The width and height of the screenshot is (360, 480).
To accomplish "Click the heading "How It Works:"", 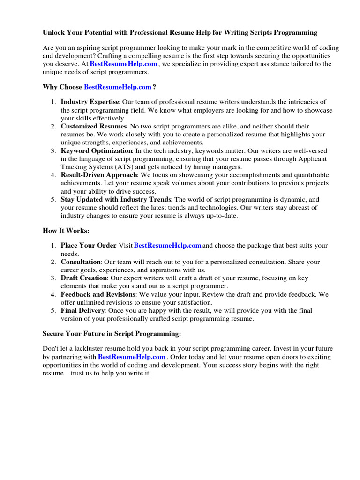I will [x=66, y=231].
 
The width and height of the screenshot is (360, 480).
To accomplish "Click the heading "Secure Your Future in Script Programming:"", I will [x=112, y=334].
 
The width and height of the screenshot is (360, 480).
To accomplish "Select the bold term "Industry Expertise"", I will [x=90, y=102].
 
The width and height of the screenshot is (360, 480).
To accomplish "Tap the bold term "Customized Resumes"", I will [x=93, y=127].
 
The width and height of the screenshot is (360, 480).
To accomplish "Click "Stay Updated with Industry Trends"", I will [x=116, y=199].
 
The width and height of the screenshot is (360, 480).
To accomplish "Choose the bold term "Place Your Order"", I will [x=88, y=246].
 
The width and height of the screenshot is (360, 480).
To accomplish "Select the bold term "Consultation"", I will [x=81, y=262].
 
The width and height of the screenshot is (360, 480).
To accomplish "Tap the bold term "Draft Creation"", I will [x=84, y=278].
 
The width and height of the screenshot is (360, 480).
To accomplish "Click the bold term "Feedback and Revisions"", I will [x=98, y=294].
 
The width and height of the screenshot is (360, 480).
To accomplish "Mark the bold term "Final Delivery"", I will [x=82, y=310].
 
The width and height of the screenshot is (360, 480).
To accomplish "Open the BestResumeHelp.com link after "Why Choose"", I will [x=118, y=87].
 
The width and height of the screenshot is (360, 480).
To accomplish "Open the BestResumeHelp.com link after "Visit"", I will [x=168, y=245].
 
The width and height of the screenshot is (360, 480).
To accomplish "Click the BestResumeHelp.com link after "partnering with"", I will [x=132, y=357].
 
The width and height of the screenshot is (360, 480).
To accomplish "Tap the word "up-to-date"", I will [x=222, y=216].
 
